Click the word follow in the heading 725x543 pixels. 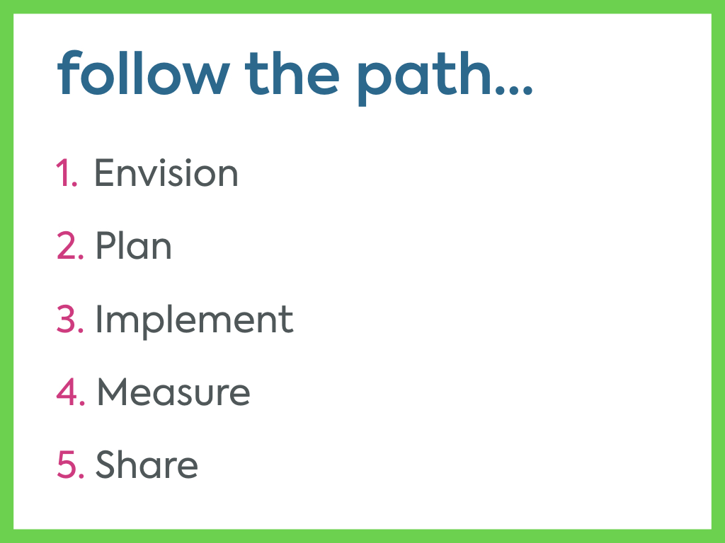point(143,72)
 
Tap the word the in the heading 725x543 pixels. point(292,72)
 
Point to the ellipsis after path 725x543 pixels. point(514,90)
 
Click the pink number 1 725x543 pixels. point(67,173)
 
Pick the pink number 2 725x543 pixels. point(70,245)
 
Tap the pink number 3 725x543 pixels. point(70,318)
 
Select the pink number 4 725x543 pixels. point(71,392)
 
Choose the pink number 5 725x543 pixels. point(71,464)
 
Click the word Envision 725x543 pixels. point(166,173)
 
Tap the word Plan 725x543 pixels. point(134,245)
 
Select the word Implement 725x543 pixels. point(194,322)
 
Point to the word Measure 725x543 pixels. point(174,392)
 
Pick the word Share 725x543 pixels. point(147,464)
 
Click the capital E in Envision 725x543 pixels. point(104,173)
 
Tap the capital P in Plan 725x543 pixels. point(106,245)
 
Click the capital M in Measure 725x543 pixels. point(111,392)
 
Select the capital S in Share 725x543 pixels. point(105,464)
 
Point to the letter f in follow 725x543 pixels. point(69,72)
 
